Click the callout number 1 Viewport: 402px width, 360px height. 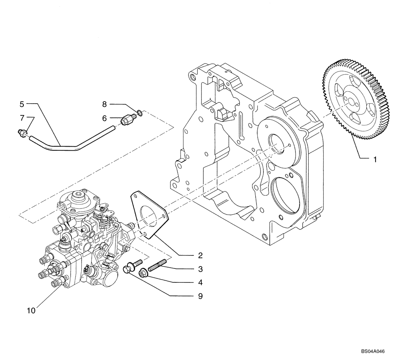375,160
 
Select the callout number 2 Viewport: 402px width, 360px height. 200,255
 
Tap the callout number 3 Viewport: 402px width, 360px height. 200,269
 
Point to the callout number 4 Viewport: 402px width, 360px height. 200,282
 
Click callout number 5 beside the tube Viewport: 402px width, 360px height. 22,104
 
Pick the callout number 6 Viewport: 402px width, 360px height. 105,118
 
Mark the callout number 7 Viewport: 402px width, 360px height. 22,117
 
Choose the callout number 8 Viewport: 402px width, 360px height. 104,104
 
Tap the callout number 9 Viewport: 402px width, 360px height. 200,297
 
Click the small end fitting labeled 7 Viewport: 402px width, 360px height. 24,133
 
